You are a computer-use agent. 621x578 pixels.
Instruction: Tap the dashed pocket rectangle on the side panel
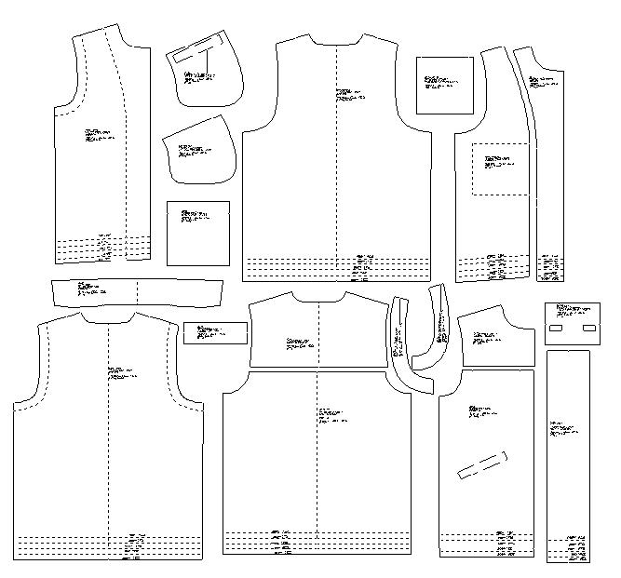pos(501,169)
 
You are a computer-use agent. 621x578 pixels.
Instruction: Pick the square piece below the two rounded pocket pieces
pos(197,232)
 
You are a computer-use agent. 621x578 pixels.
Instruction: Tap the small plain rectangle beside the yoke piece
pos(215,332)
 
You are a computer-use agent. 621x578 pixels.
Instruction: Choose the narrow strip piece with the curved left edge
pos(548,168)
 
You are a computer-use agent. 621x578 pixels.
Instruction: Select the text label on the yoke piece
pos(299,343)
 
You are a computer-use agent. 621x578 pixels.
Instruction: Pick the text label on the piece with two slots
pos(570,310)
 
